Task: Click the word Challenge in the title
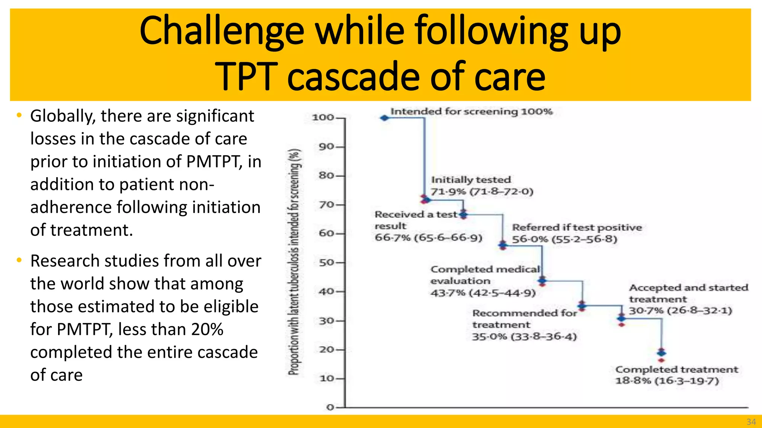pyautogui.click(x=222, y=31)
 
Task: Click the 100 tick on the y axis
pyautogui.click(x=323, y=117)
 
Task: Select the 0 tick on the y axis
pyautogui.click(x=330, y=408)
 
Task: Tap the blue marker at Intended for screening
pyautogui.click(x=384, y=118)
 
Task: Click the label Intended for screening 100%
pyautogui.click(x=471, y=111)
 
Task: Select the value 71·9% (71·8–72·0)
pyautogui.click(x=482, y=192)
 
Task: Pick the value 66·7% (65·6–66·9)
pyautogui.click(x=428, y=237)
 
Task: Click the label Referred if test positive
pyautogui.click(x=577, y=227)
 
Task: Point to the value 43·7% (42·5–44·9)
pyautogui.click(x=483, y=293)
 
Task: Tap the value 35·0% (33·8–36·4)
pyautogui.click(x=524, y=337)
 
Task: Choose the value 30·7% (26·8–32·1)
pyautogui.click(x=680, y=310)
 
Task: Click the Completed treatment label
pyautogui.click(x=676, y=370)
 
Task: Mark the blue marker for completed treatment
pyautogui.click(x=661, y=353)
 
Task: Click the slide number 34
pyautogui.click(x=751, y=422)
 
